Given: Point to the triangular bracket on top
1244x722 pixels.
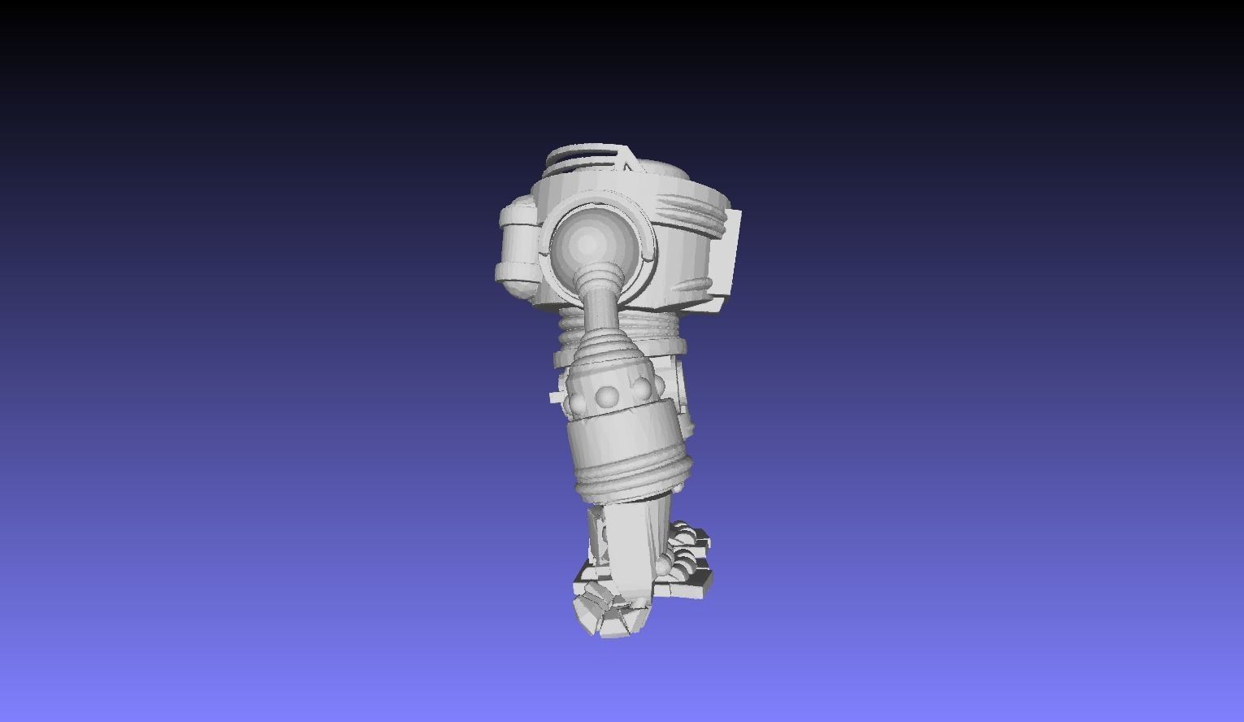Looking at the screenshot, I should coord(628,163).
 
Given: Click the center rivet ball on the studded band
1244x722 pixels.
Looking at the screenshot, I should coord(606,396).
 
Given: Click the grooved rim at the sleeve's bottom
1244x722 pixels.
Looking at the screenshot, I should coord(630,481).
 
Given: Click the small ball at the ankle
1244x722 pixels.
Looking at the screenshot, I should coord(665,564).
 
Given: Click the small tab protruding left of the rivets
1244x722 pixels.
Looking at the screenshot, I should coord(556,397).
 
